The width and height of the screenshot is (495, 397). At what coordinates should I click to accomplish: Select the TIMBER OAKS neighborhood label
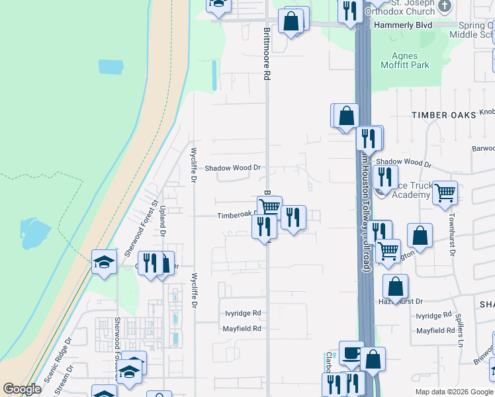(x=443, y=114)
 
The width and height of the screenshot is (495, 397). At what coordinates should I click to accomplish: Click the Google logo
(x=22, y=389)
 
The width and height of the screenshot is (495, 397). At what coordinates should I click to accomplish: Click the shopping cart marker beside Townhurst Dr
(x=445, y=193)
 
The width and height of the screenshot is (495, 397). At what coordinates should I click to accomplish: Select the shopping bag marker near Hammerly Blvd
(x=291, y=21)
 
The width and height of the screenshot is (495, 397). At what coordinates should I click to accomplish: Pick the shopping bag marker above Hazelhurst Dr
(x=395, y=287)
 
